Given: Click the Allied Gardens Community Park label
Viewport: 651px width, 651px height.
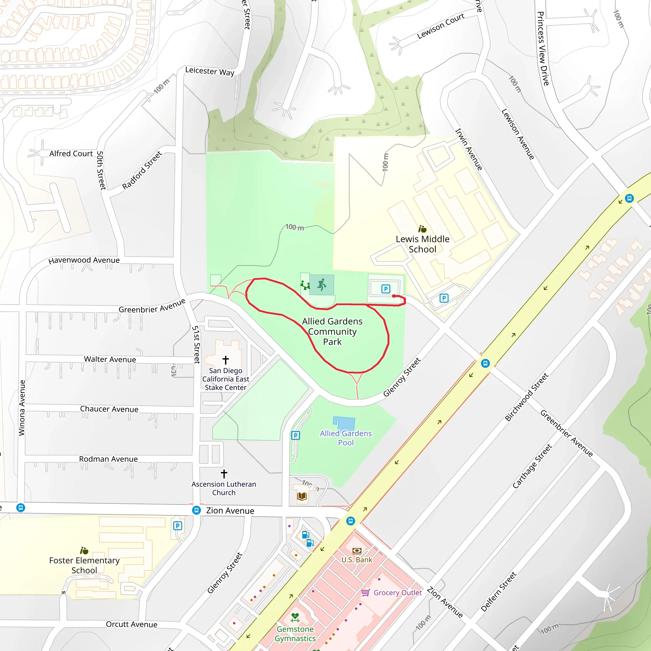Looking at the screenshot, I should (332, 332).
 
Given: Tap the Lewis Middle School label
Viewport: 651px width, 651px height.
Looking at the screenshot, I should (422, 244).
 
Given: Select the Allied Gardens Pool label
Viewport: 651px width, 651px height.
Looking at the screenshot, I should (346, 438).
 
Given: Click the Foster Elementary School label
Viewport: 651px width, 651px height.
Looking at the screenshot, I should (84, 565).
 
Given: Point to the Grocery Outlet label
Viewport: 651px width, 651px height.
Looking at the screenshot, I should (397, 593).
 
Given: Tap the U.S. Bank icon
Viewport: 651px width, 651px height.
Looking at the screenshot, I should (357, 551).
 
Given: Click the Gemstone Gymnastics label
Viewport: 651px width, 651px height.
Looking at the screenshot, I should (295, 634).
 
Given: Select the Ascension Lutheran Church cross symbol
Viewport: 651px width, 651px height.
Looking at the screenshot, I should (224, 474).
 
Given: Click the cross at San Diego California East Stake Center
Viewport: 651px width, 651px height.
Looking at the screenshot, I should (226, 360).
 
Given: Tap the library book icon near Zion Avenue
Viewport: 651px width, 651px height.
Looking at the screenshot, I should (302, 496).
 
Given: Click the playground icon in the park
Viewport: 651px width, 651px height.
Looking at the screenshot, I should (305, 285).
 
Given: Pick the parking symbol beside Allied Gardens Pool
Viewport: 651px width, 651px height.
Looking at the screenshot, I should (296, 435).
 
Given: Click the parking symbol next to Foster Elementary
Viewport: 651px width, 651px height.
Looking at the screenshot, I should (178, 526).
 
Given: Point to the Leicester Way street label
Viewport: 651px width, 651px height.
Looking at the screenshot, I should (209, 71).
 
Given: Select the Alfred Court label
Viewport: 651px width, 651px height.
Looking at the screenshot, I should (71, 154).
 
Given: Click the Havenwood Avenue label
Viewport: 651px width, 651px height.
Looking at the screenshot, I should (84, 260).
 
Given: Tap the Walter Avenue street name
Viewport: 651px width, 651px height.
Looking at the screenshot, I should (110, 359).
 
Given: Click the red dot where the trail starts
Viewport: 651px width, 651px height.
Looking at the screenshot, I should (394, 296).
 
